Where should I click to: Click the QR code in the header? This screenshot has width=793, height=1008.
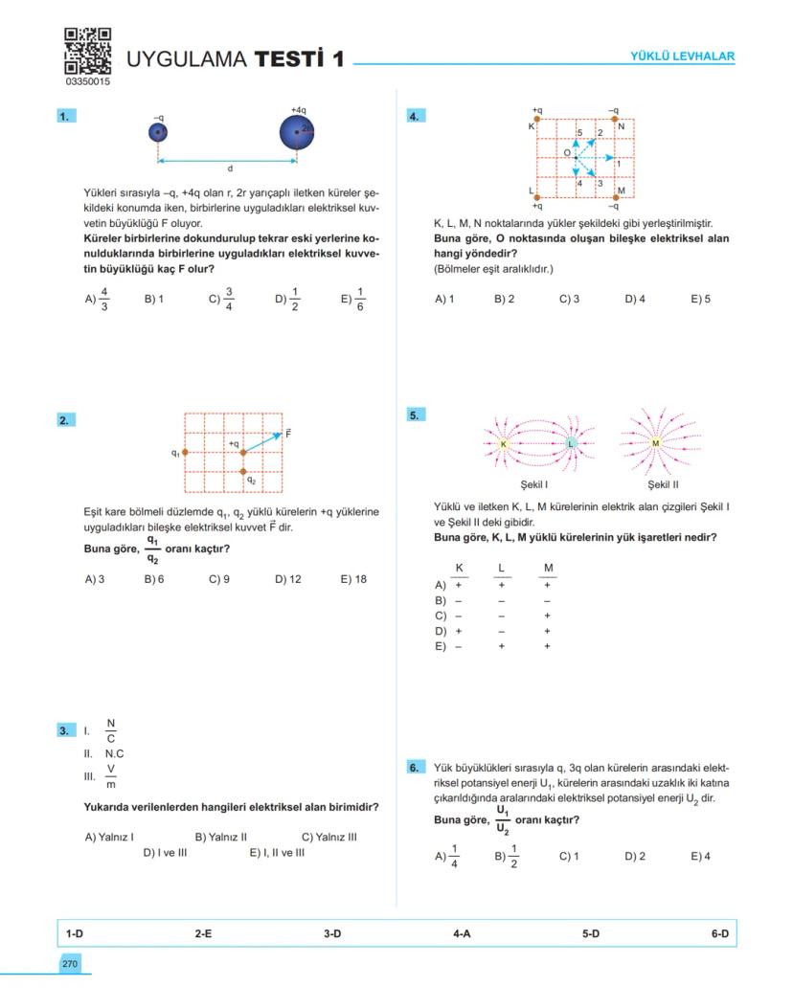(x=87, y=52)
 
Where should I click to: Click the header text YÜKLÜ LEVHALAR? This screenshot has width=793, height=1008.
(x=682, y=56)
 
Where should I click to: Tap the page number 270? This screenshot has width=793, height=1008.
(x=70, y=964)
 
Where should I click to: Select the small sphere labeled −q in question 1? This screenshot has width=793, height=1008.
(x=159, y=132)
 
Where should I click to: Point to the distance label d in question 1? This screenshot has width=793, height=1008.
(x=229, y=168)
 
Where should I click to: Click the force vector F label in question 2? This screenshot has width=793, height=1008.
(x=288, y=434)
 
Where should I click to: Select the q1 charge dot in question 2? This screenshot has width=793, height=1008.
(x=185, y=452)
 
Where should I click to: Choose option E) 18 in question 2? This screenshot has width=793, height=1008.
(x=353, y=579)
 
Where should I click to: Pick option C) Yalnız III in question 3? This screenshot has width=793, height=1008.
(x=329, y=837)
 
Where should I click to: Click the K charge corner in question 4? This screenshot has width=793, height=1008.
(x=536, y=120)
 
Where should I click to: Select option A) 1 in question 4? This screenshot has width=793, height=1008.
(x=444, y=299)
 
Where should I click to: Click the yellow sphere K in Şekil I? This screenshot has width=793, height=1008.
(x=503, y=444)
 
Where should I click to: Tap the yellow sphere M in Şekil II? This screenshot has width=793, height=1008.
(x=656, y=443)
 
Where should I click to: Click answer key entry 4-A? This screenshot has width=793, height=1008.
(x=462, y=932)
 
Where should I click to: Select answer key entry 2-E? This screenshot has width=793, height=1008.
(x=203, y=932)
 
